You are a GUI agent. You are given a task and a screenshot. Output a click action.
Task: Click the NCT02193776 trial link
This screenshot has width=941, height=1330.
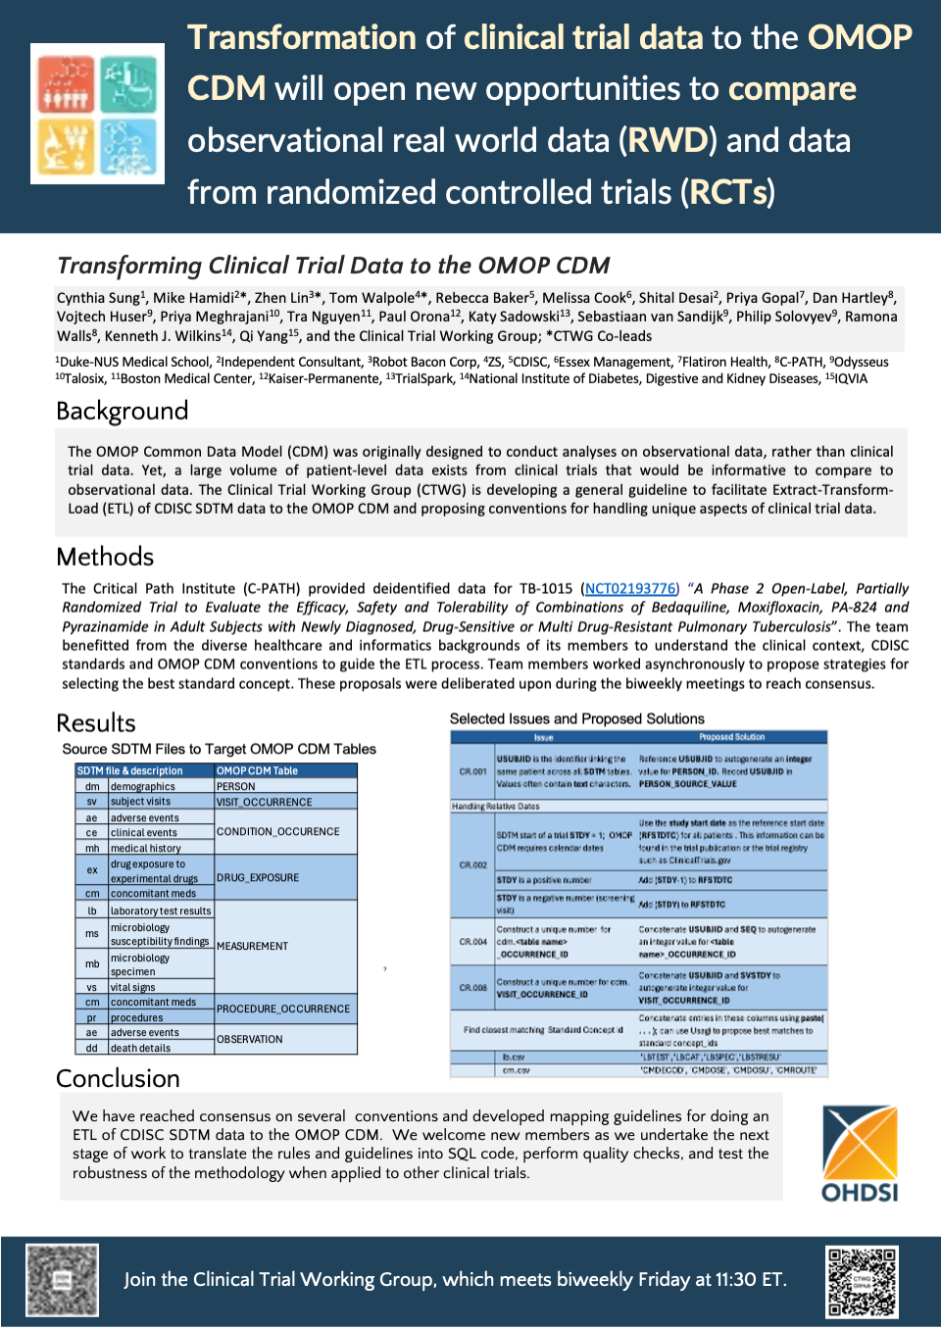point(630,589)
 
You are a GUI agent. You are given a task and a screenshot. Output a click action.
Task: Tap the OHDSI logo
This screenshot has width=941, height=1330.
point(860,1154)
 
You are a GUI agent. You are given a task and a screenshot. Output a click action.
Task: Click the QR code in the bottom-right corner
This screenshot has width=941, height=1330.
point(862,1281)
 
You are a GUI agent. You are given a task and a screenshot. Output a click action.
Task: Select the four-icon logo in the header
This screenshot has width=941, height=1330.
point(97,114)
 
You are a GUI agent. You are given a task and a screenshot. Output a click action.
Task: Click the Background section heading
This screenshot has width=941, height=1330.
point(123,411)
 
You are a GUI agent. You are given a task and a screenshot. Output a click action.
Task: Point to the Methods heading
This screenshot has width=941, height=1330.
point(105,557)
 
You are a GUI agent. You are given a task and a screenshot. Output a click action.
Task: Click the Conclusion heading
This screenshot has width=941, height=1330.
point(118,1078)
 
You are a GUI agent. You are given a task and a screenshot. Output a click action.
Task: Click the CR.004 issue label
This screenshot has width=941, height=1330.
point(473,942)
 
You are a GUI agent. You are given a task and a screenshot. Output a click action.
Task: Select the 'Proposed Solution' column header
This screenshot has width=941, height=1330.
point(731,737)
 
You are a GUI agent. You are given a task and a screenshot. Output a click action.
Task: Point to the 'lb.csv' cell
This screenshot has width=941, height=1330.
point(514,1058)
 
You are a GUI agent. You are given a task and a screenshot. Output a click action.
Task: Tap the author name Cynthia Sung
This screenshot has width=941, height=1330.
point(99,298)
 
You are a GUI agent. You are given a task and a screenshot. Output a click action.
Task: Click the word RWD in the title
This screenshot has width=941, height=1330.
point(667,140)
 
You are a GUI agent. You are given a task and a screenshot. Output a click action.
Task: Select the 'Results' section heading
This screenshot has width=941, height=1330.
point(96,723)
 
